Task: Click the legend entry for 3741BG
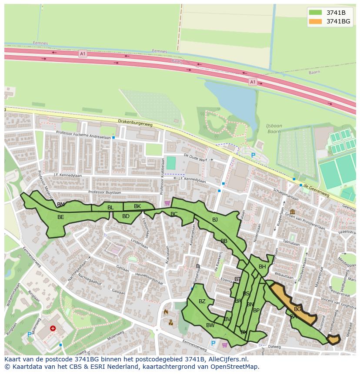pyautogui.click(x=338, y=21)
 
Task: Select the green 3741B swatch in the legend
pyautogui.click(x=316, y=13)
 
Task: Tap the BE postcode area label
pyautogui.click(x=61, y=217)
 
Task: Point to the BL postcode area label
pyautogui.click(x=110, y=208)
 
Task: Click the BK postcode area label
pyautogui.click(x=137, y=206)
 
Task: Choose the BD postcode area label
pyautogui.click(x=126, y=216)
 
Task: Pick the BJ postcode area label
pyautogui.click(x=215, y=220)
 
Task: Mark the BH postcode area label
pyautogui.click(x=262, y=267)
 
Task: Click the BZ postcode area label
pyautogui.click(x=202, y=301)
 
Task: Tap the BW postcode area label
pyautogui.click(x=210, y=325)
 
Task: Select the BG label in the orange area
pyautogui.click(x=298, y=309)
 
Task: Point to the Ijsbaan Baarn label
pyautogui.click(x=274, y=129)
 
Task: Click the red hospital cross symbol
pyautogui.click(x=53, y=329)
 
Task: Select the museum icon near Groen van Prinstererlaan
pyautogui.click(x=291, y=212)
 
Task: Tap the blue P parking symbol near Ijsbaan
pyautogui.click(x=253, y=156)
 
